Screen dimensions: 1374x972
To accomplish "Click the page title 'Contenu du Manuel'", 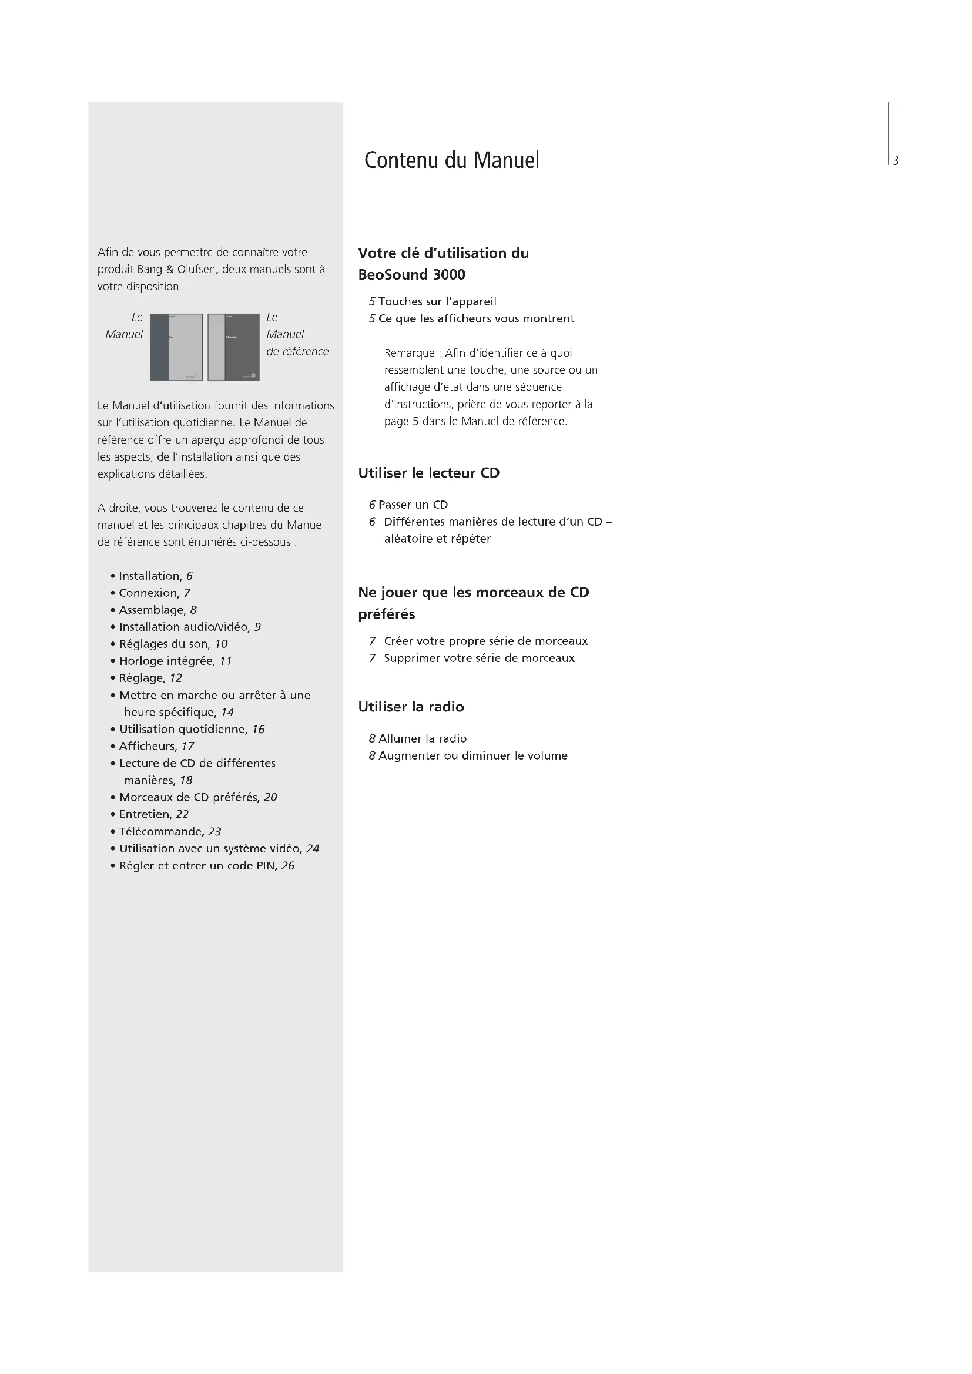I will click(451, 160).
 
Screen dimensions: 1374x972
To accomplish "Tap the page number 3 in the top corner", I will click(896, 161).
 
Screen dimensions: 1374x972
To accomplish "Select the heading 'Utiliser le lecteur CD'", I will click(428, 473).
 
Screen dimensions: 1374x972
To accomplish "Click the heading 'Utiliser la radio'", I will click(411, 707).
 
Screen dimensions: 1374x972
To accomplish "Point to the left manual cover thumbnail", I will click(176, 347).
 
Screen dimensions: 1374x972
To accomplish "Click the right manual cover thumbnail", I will click(233, 347).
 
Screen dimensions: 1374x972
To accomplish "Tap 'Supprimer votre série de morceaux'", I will click(479, 659).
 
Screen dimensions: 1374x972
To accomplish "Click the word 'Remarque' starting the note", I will click(409, 353).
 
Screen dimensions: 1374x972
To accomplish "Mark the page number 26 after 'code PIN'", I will click(288, 866).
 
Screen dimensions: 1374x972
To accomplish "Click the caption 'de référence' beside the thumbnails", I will click(297, 351).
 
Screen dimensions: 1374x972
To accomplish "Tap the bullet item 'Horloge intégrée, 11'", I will click(175, 661).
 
